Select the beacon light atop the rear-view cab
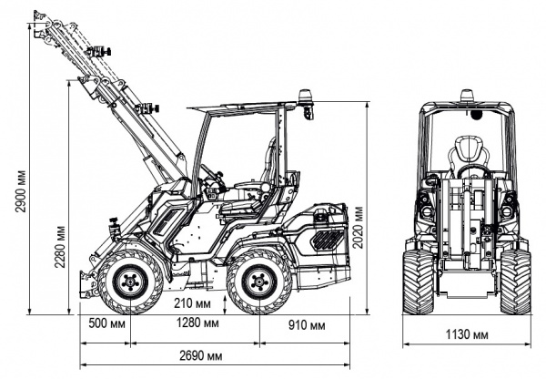tap(467, 95)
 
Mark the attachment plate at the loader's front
tap(88, 283)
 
